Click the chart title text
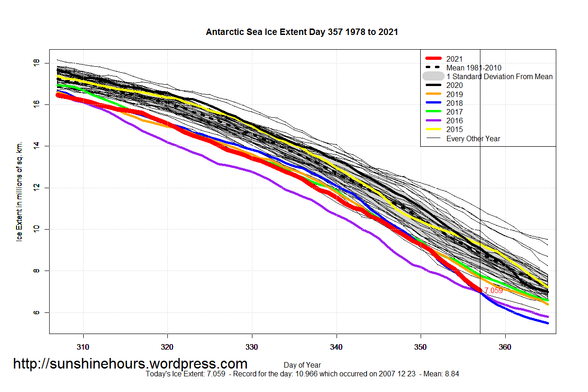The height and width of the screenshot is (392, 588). (x=302, y=32)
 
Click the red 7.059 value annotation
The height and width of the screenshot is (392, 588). (x=494, y=291)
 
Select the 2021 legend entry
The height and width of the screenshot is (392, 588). (x=454, y=59)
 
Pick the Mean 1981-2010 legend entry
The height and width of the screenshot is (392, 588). (x=474, y=68)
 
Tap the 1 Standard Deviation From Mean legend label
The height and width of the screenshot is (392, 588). (x=499, y=76)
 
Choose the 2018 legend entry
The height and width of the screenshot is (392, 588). (x=454, y=103)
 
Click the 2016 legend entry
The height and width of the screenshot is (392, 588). (x=454, y=121)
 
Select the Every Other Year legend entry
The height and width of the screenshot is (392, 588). (x=473, y=138)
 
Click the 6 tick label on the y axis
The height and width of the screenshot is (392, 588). (x=37, y=312)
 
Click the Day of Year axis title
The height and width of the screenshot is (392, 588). (x=302, y=365)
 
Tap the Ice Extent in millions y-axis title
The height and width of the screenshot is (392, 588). (x=19, y=191)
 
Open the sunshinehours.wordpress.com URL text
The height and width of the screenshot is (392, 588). (x=130, y=364)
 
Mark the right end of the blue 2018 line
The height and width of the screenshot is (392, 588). (x=547, y=323)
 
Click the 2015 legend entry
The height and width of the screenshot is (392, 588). (x=454, y=130)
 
